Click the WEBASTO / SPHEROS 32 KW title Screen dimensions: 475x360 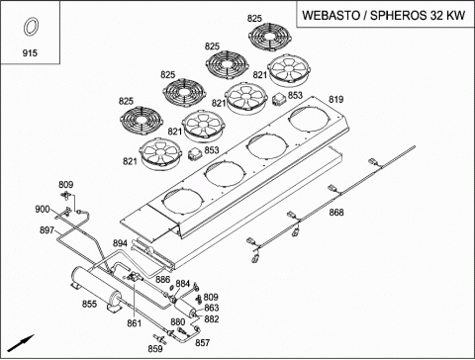click(x=384, y=15)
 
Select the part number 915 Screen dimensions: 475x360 click(x=30, y=52)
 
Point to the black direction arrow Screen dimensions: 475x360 click(x=21, y=343)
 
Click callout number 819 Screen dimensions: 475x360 click(x=335, y=99)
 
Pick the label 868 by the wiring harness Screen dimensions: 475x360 click(x=336, y=213)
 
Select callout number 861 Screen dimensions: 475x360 click(x=135, y=323)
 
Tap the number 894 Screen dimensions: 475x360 click(x=120, y=243)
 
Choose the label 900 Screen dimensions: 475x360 click(x=43, y=209)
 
